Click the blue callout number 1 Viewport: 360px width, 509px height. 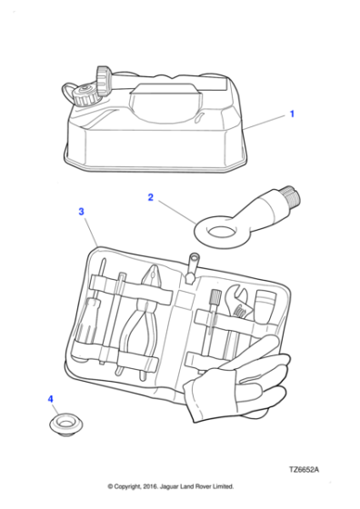point(292,114)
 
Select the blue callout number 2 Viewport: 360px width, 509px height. point(150,197)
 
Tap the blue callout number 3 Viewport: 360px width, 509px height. point(81,212)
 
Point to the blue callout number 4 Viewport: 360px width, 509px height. point(50,399)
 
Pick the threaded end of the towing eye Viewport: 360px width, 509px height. point(292,195)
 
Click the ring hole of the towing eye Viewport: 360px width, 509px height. point(223,232)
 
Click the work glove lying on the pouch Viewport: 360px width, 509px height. point(238,382)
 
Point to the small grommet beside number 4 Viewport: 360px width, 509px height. point(65,424)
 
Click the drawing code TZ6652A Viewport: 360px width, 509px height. point(305,470)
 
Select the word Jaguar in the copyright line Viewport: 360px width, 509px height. point(170,486)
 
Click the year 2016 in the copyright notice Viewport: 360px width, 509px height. point(150,486)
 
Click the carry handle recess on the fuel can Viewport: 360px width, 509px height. point(165,104)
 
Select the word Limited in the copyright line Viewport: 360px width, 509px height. point(224,486)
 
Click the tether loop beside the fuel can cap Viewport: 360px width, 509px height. point(69,92)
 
